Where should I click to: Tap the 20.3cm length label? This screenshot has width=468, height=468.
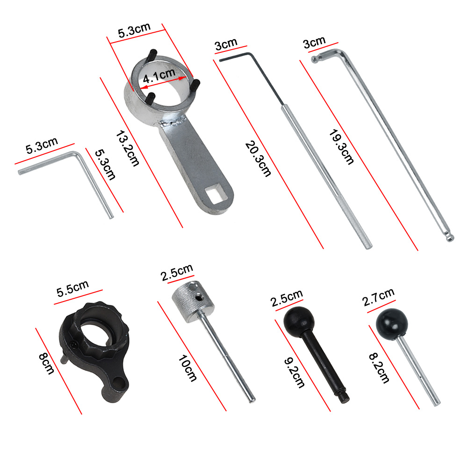[259, 159]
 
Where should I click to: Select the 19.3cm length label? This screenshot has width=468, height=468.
[341, 147]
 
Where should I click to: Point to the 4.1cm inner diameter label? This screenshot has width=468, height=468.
[159, 76]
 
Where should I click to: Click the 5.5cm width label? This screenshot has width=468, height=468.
[72, 288]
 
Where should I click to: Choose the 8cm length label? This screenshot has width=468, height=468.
[47, 364]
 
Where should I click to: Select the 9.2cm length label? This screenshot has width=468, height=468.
[294, 373]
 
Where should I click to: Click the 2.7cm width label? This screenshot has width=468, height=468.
[378, 297]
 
